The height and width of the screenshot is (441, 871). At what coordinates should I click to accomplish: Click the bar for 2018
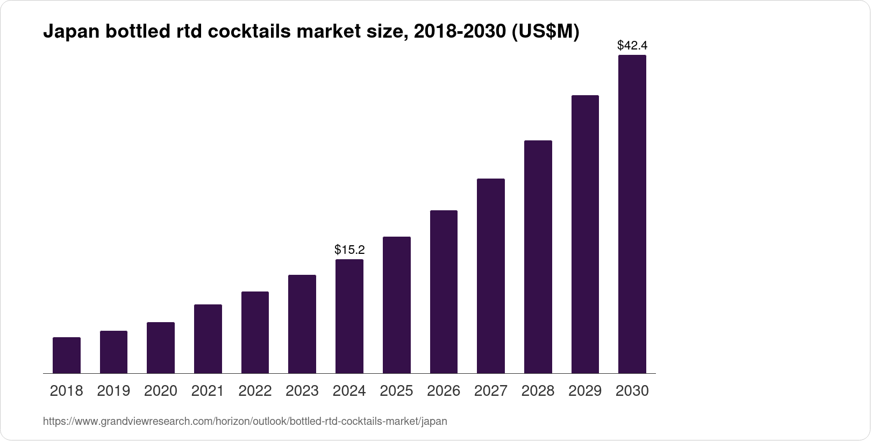pyautogui.click(x=67, y=355)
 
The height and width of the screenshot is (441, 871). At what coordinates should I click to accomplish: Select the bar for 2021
pyautogui.click(x=208, y=339)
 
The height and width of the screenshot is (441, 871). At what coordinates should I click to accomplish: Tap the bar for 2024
pyautogui.click(x=349, y=316)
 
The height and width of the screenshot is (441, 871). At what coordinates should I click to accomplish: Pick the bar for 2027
pyautogui.click(x=491, y=276)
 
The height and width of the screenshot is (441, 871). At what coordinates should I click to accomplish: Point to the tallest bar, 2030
pyautogui.click(x=632, y=214)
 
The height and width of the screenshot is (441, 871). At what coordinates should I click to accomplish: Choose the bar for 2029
pyautogui.click(x=585, y=234)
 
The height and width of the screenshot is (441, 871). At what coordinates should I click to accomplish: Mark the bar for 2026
pyautogui.click(x=444, y=292)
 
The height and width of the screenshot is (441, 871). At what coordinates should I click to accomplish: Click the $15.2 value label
pyautogui.click(x=349, y=250)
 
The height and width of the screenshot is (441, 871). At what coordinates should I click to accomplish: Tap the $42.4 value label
pyautogui.click(x=632, y=45)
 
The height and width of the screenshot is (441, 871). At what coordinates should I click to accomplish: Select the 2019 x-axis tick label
pyautogui.click(x=113, y=391)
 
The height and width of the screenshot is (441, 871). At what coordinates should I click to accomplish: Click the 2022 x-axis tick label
pyautogui.click(x=255, y=391)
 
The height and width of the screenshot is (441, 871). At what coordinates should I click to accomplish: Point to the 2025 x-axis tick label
pyautogui.click(x=396, y=391)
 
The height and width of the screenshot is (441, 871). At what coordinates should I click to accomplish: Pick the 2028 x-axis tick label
pyautogui.click(x=538, y=391)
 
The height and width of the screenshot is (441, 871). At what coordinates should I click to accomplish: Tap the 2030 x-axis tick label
pyautogui.click(x=632, y=391)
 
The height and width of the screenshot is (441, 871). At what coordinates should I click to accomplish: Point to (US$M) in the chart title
pyautogui.click(x=545, y=32)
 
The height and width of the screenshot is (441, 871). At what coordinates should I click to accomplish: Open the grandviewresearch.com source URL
pyautogui.click(x=245, y=422)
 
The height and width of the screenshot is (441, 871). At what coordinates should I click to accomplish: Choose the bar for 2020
pyautogui.click(x=161, y=348)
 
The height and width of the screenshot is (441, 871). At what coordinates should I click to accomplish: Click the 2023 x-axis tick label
pyautogui.click(x=302, y=391)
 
